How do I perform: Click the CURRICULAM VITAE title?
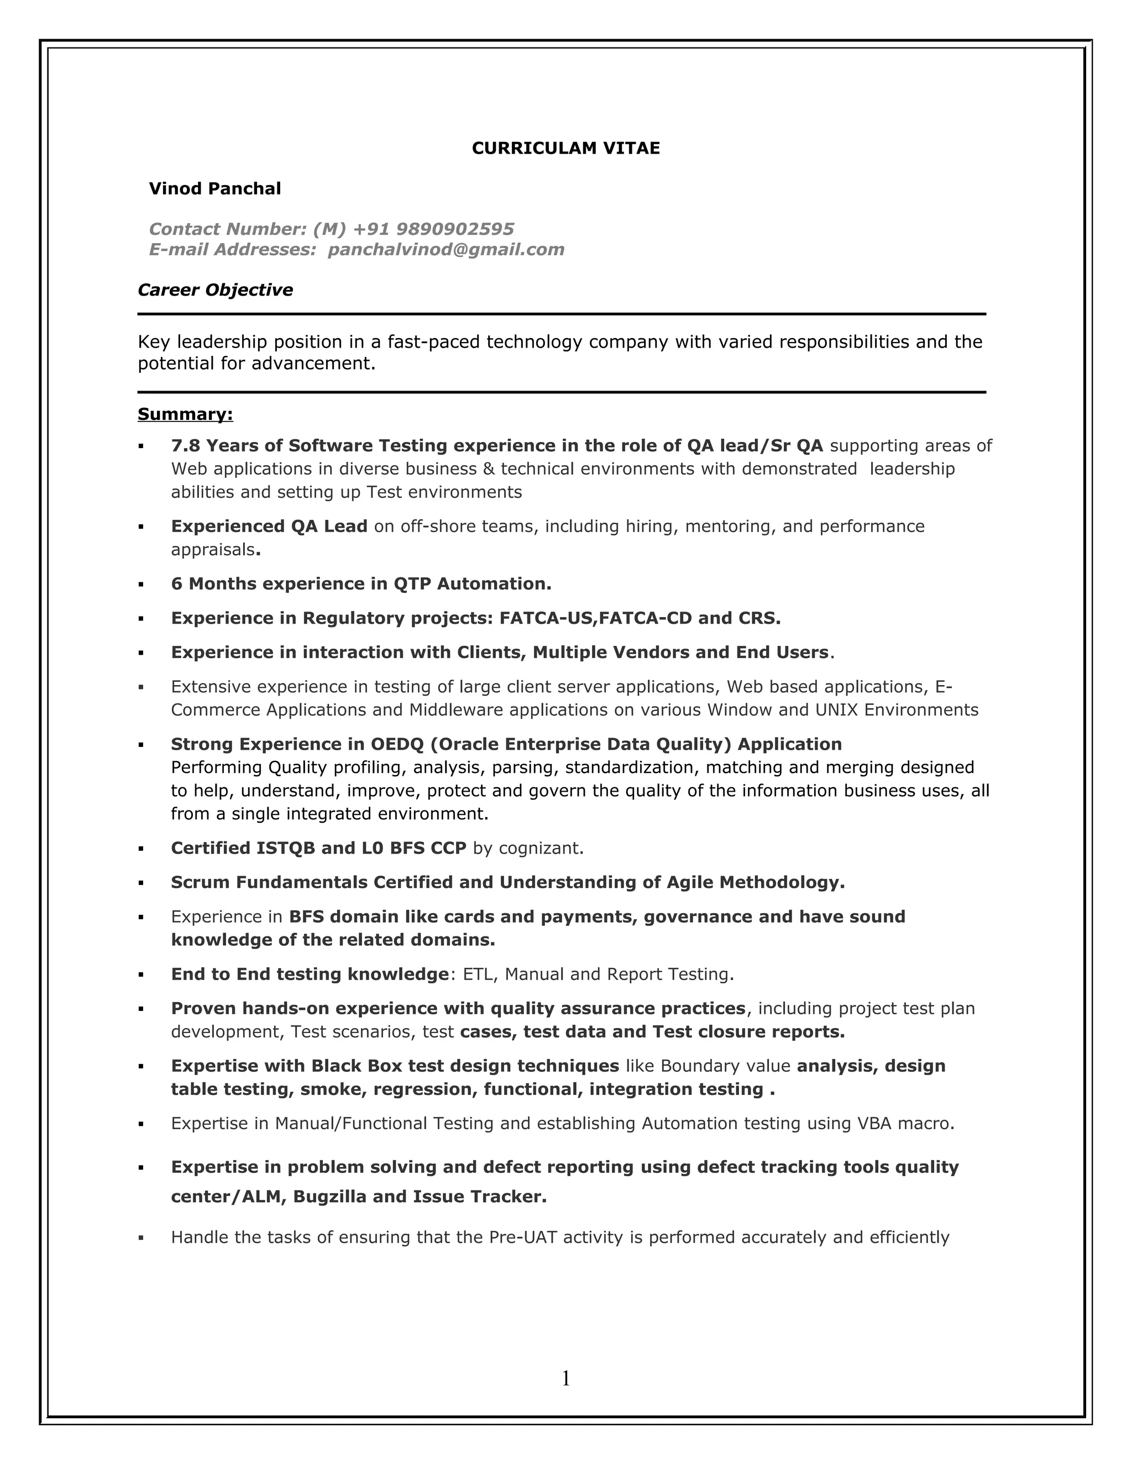pyautogui.click(x=565, y=149)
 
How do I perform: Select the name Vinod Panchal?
pyautogui.click(x=214, y=189)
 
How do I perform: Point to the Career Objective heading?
pyautogui.click(x=215, y=290)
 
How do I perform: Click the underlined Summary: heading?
pyautogui.click(x=185, y=414)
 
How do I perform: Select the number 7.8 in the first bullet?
pyautogui.click(x=186, y=446)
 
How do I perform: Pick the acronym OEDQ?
pyautogui.click(x=396, y=744)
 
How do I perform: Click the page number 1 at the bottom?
pyautogui.click(x=565, y=1379)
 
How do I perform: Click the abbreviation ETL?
pyautogui.click(x=478, y=975)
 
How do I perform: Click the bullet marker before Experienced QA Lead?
pyautogui.click(x=141, y=528)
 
